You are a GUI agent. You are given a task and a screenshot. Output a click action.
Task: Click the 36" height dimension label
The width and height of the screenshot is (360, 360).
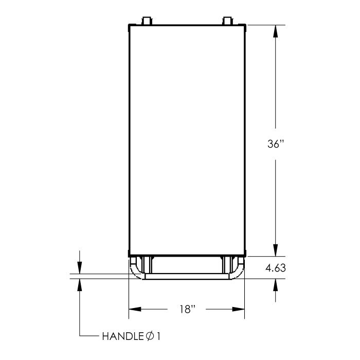point(276,144)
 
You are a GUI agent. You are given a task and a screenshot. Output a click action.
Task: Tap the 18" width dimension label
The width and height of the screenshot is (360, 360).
point(187,309)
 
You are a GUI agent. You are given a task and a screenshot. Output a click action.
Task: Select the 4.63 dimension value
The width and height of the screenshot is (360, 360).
point(276,268)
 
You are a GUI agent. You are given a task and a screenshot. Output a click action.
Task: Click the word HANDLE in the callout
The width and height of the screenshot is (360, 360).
point(123,336)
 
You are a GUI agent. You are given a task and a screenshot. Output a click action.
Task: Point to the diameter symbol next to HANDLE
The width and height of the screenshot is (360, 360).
point(150,336)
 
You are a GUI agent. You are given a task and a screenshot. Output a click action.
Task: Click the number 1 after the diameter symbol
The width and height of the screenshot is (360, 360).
point(158,336)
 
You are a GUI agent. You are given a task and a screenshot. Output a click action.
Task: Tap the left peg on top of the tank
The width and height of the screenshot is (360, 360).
point(147,21)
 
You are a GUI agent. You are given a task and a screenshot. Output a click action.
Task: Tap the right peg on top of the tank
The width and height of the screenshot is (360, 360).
point(227,21)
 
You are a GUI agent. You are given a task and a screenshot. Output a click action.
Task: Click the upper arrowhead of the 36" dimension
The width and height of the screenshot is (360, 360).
point(276,31)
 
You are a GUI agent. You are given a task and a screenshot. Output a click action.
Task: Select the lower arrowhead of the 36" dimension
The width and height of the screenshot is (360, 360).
point(276,250)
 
